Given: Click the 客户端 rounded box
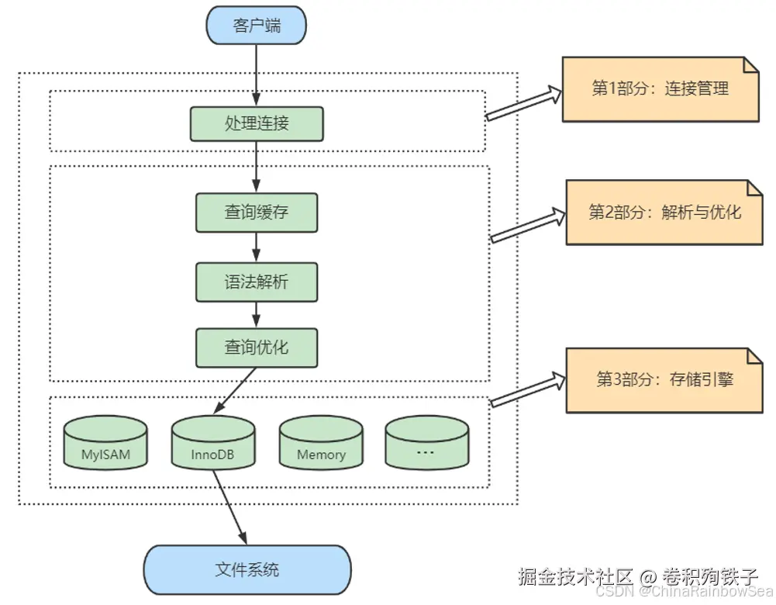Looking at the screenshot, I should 257,26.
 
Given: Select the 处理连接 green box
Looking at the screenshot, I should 257,123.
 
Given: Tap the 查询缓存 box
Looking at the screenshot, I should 257,211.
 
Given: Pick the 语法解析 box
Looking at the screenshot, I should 257,281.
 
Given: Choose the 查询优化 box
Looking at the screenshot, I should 257,347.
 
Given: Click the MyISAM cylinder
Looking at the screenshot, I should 105,444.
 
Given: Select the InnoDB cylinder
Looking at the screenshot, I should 213,444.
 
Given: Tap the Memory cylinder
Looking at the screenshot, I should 321,444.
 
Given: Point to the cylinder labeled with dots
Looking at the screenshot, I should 427,444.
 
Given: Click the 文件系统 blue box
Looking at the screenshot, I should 247,570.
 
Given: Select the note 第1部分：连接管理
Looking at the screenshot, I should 660,88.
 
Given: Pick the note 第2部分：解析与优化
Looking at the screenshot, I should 664,212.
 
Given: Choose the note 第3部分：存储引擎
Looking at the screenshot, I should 664,379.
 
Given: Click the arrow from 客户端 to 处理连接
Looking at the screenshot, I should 256,74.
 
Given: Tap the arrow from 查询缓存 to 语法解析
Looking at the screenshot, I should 257,247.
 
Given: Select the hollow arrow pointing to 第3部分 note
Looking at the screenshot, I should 528,389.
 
